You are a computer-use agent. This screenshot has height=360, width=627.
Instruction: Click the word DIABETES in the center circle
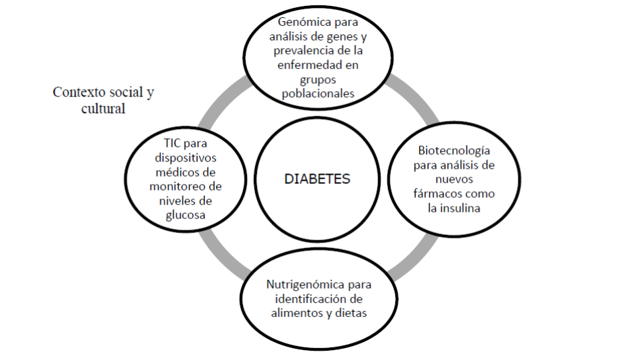click(318, 179)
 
